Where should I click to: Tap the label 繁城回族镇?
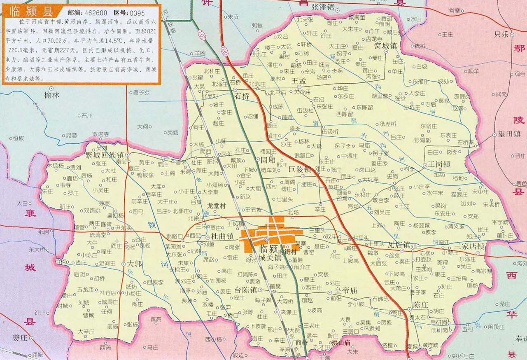pos(104,156)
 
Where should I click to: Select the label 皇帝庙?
pos(341,290)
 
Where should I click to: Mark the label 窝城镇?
pos(385,46)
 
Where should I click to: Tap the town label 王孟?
pos(299,80)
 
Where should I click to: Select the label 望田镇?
pos(510,133)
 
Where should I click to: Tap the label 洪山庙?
pos(340,342)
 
